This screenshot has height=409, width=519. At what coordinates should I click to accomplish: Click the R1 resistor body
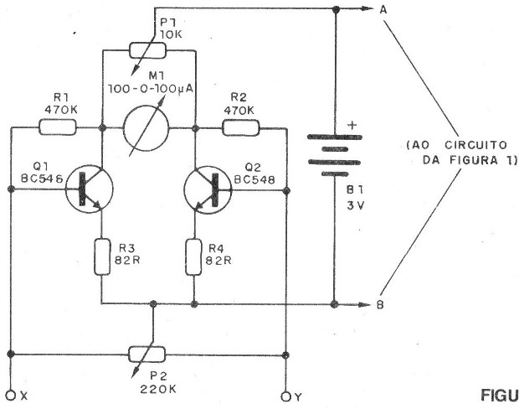[58, 127]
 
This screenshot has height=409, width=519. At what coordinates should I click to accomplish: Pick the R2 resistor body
[241, 128]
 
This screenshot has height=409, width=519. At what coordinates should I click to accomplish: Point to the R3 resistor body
[102, 256]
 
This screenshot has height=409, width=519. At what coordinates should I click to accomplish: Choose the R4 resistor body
[193, 256]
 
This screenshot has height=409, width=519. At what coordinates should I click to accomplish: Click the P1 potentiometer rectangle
[147, 50]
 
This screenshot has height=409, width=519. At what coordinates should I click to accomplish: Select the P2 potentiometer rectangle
[146, 355]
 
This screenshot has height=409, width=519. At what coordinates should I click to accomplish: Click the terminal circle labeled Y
[285, 396]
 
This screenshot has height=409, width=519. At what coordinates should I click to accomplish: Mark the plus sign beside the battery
[353, 125]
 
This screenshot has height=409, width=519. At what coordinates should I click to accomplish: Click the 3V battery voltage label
[355, 205]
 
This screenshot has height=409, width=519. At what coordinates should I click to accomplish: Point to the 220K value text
[158, 388]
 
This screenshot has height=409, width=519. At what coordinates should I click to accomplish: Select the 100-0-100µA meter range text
[150, 90]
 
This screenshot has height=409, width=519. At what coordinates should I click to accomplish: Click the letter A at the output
[383, 10]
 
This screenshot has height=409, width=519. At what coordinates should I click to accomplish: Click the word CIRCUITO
[475, 145]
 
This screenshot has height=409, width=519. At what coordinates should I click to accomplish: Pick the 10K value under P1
[171, 34]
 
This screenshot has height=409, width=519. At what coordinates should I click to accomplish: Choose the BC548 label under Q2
[254, 179]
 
